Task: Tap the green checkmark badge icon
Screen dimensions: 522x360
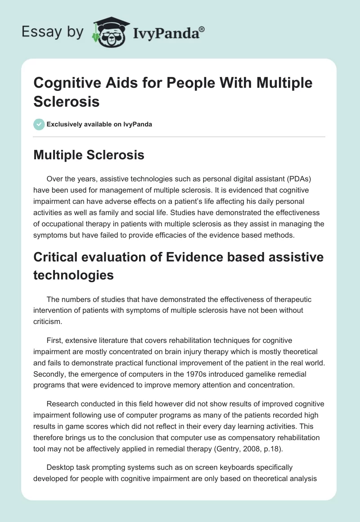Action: [39, 124]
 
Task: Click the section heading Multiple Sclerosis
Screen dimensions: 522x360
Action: [89, 155]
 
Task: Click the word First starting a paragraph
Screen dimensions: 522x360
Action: [55, 340]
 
